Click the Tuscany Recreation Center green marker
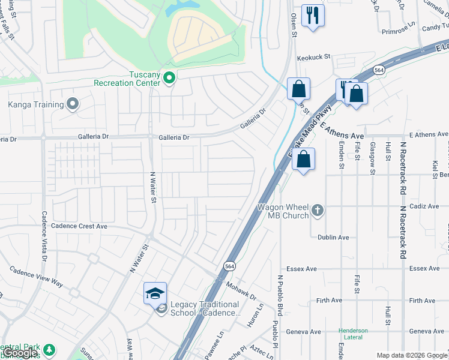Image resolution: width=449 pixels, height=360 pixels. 169,77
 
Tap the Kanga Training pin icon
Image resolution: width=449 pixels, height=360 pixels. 73,104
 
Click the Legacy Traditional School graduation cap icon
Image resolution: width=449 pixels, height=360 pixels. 155,294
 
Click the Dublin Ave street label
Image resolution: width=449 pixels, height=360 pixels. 333,238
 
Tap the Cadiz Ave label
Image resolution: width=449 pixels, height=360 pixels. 424,206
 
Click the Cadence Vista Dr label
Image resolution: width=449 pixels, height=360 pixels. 44,235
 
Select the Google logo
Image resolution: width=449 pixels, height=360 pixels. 20,353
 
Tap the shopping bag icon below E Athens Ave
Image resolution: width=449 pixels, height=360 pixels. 304,160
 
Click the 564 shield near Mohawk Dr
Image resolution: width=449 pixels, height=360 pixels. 229,265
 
